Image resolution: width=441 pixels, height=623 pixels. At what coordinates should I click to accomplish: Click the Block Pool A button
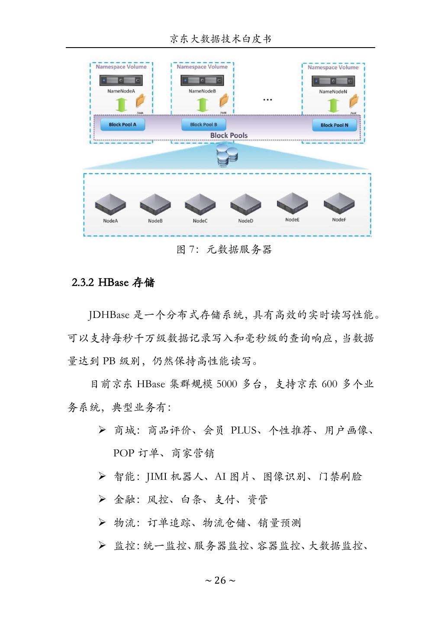tap(122, 125)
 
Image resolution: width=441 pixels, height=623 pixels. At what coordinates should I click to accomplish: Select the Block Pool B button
tap(203, 125)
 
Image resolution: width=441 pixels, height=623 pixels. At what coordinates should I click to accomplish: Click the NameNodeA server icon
tap(121, 80)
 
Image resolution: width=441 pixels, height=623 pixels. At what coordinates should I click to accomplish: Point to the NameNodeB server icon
tap(202, 80)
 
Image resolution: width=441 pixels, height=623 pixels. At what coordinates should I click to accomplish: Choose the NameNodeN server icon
tap(333, 81)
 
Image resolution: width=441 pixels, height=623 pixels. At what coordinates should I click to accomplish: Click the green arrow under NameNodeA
tap(122, 104)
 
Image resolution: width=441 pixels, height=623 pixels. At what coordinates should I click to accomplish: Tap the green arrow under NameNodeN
tap(333, 105)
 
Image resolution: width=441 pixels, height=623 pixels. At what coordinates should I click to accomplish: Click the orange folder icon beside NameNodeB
tap(223, 101)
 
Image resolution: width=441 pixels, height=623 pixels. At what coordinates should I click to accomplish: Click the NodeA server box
tap(110, 203)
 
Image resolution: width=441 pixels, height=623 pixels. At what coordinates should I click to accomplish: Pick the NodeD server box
tap(245, 203)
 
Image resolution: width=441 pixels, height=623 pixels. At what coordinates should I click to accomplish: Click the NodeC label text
tap(200, 221)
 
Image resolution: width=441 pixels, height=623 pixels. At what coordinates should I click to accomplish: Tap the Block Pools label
tap(229, 135)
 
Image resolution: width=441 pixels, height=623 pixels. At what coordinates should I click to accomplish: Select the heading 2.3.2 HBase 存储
tap(113, 283)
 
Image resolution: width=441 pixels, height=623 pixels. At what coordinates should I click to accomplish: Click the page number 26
tap(220, 580)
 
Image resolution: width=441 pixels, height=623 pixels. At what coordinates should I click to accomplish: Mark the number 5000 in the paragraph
tap(226, 384)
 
